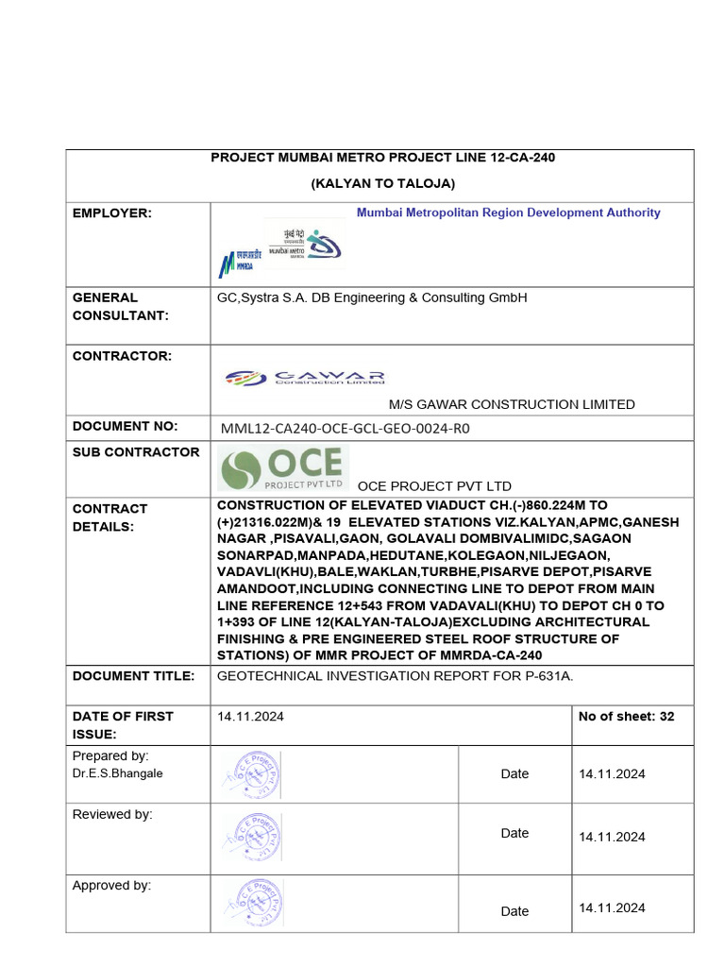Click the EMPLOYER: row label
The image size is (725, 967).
(x=111, y=213)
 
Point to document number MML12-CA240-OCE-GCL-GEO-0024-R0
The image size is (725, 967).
(x=345, y=428)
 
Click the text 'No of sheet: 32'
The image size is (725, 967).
(x=626, y=717)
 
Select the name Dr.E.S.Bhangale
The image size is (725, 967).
(x=118, y=773)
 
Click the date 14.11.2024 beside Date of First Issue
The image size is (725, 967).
(x=250, y=717)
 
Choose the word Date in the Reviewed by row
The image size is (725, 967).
(x=514, y=833)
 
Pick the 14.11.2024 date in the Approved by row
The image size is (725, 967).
(x=613, y=908)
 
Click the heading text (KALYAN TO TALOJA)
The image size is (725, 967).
(x=382, y=183)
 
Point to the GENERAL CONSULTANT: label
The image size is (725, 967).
(x=120, y=306)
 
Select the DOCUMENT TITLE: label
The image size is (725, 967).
(x=133, y=676)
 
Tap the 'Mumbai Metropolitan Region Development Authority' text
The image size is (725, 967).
(x=508, y=212)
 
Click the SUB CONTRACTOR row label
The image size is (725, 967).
(x=136, y=452)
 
